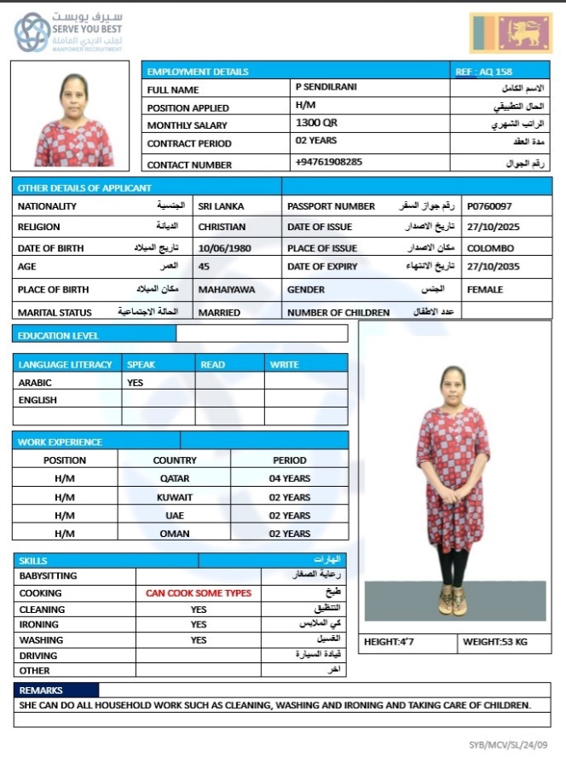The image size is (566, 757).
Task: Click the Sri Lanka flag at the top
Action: pyautogui.click(x=511, y=33)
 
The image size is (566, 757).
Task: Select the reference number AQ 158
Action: pyautogui.click(x=483, y=72)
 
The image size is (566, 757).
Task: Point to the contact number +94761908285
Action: pyautogui.click(x=328, y=162)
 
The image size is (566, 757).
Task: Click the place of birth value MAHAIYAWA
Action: pyautogui.click(x=226, y=290)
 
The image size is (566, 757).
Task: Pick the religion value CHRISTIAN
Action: pyautogui.click(x=222, y=228)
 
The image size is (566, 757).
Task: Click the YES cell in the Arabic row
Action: pyautogui.click(x=135, y=383)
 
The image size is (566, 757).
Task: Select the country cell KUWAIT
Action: pyautogui.click(x=174, y=497)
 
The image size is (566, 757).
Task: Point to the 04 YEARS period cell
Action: pyautogui.click(x=289, y=478)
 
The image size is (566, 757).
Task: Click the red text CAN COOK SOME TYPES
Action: pyautogui.click(x=198, y=592)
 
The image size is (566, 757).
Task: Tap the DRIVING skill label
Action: pyautogui.click(x=38, y=656)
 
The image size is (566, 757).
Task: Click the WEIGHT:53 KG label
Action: pyautogui.click(x=495, y=642)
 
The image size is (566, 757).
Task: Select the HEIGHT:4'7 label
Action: pyautogui.click(x=388, y=642)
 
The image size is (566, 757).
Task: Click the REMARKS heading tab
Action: pyautogui.click(x=41, y=690)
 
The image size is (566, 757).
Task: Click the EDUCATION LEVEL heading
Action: pyautogui.click(x=58, y=336)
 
